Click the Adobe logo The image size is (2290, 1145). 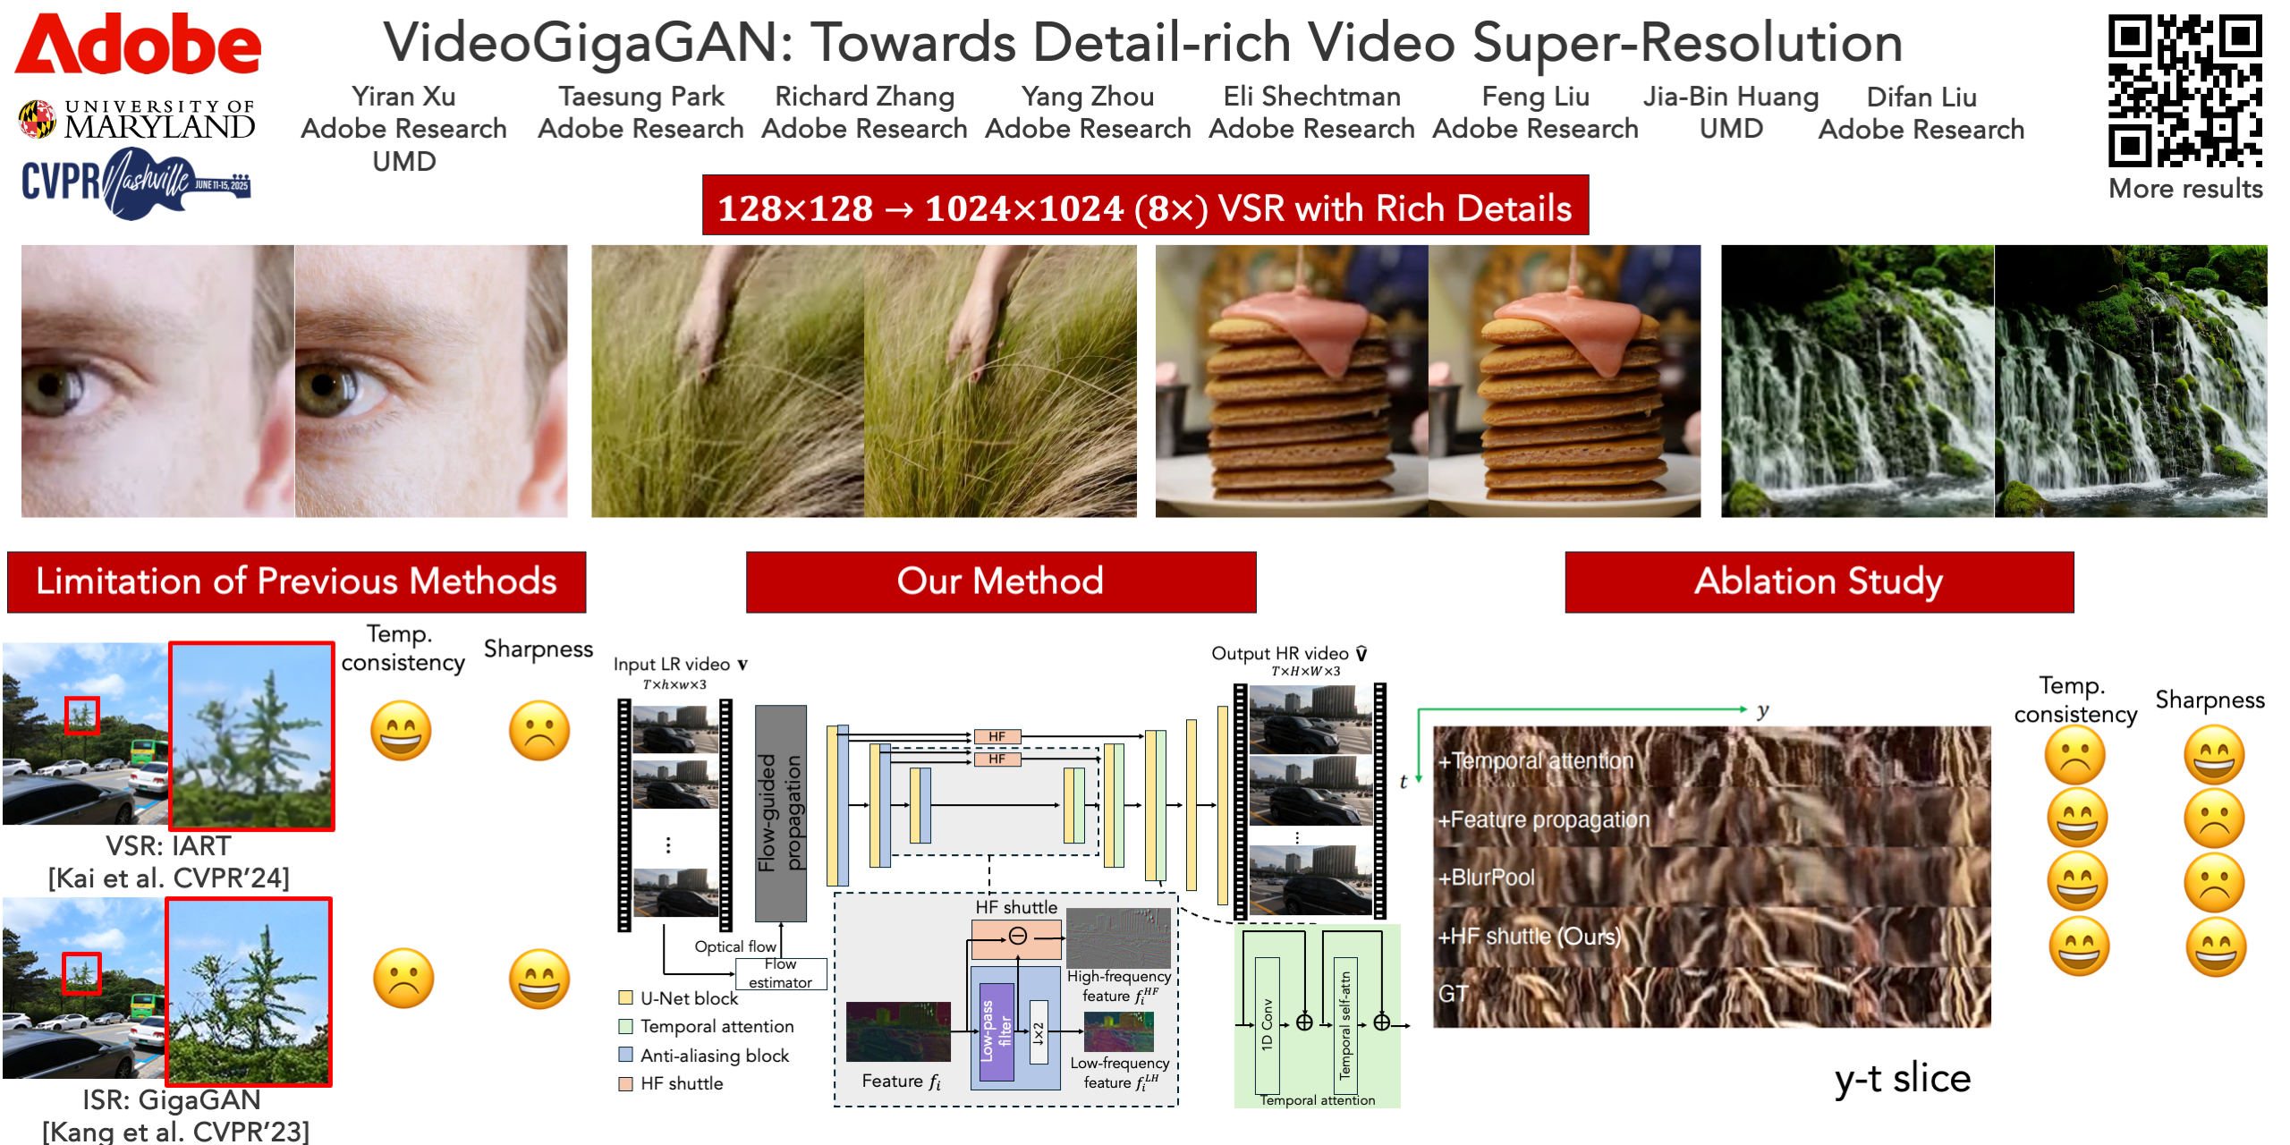(x=138, y=44)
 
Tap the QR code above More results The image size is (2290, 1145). (x=2185, y=90)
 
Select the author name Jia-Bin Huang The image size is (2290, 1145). (x=1731, y=96)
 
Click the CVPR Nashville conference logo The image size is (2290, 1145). (x=136, y=182)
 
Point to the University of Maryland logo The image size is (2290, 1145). (x=137, y=120)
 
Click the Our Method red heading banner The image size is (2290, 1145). (x=1001, y=581)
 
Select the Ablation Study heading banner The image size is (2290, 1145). (x=1819, y=581)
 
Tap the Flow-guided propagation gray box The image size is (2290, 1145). (x=781, y=813)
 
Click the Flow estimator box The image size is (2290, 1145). (x=781, y=973)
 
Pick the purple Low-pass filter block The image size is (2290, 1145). (x=997, y=1031)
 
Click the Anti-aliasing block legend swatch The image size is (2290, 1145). (x=626, y=1055)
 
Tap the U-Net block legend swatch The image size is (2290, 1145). (x=626, y=997)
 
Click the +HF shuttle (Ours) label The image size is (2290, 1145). (x=1530, y=937)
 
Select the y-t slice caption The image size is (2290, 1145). (x=1903, y=1079)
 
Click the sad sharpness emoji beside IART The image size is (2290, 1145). (x=539, y=731)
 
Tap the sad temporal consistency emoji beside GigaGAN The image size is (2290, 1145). (x=403, y=979)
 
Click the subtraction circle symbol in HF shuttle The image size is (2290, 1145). (x=1018, y=936)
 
